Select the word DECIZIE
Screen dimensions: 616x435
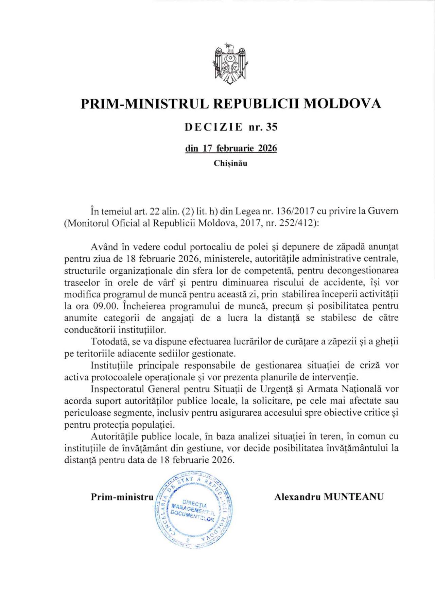pyautogui.click(x=214, y=127)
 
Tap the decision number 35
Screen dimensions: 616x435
pyautogui.click(x=272, y=127)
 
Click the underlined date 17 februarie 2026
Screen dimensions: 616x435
pyautogui.click(x=231, y=149)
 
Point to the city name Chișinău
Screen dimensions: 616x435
pyautogui.click(x=230, y=163)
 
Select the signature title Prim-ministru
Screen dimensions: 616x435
pyautogui.click(x=122, y=497)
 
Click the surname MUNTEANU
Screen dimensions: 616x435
pyautogui.click(x=354, y=497)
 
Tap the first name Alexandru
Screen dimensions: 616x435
pyautogui.click(x=297, y=497)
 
